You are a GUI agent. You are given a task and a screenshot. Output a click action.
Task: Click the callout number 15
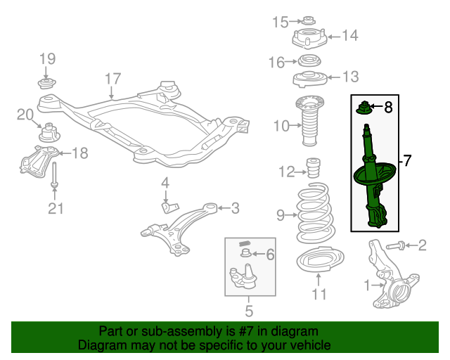coord(280,22)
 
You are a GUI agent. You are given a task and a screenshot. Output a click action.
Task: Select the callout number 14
coord(350,35)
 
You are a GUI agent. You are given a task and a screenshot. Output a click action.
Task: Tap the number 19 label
coord(46,58)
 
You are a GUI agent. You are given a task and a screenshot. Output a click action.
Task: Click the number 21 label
coord(56,207)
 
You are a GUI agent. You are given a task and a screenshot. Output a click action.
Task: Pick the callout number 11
coord(319,294)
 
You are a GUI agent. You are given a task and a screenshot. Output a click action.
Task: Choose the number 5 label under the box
coord(248,309)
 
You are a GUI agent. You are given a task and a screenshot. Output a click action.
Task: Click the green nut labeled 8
coord(365,108)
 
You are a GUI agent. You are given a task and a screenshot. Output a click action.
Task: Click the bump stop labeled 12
coord(314,171)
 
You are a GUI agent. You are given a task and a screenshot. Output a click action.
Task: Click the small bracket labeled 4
coord(169,207)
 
